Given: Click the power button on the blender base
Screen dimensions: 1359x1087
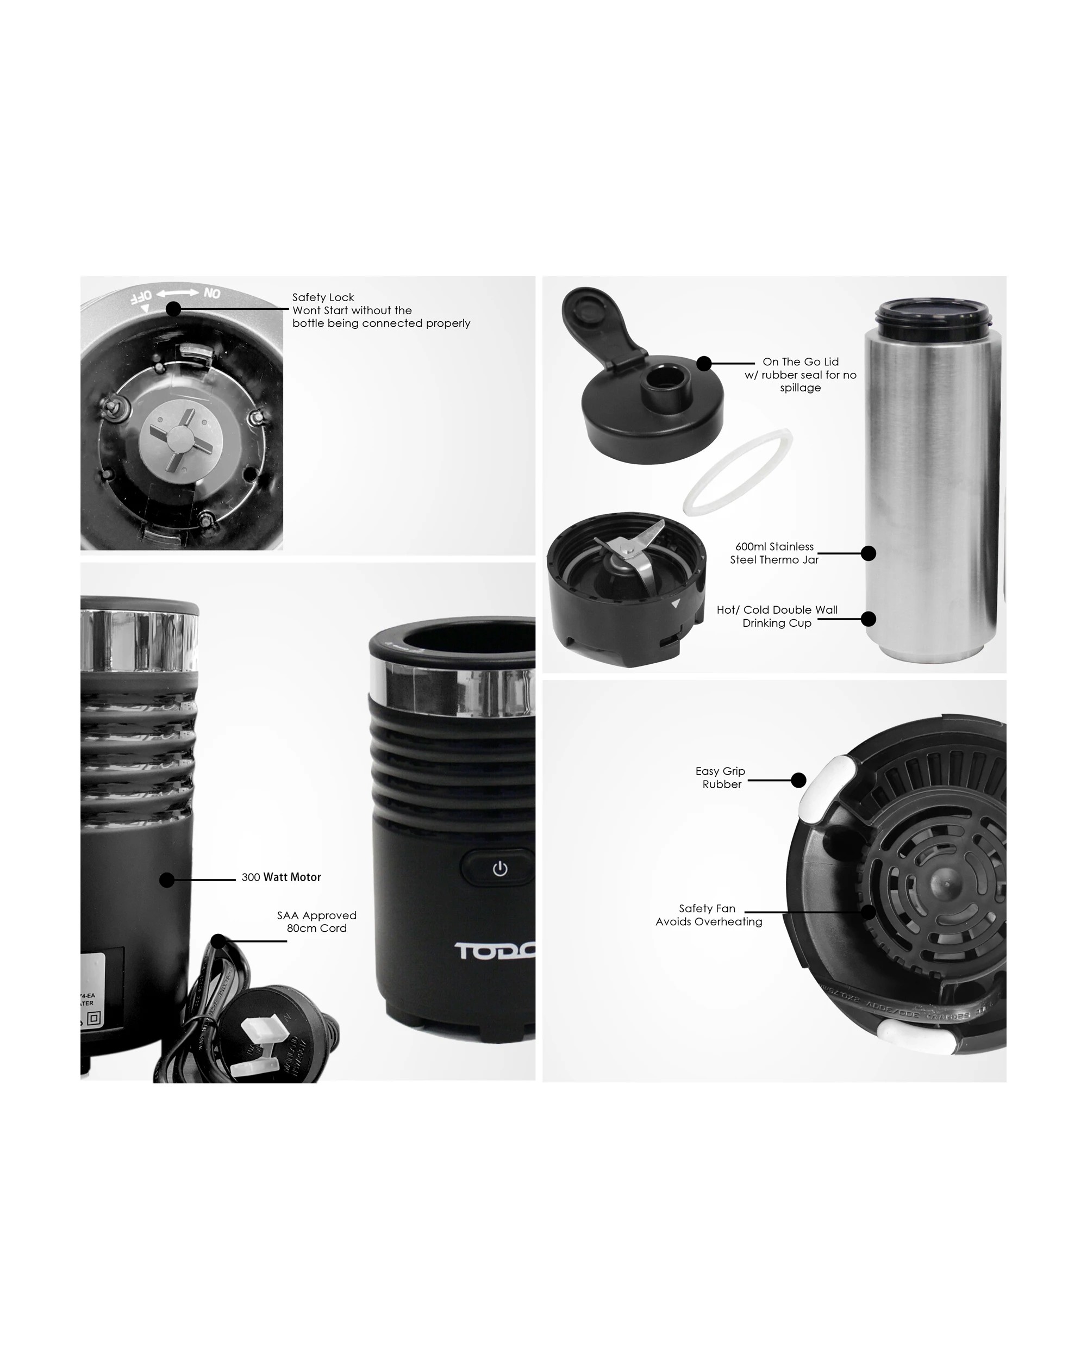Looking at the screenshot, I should pos(499,869).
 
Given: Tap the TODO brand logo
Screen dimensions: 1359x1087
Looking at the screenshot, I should pos(495,951).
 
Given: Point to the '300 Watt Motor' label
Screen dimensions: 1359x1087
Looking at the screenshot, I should pos(281,877).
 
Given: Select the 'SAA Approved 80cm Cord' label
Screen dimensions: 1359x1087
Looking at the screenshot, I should pos(316,921).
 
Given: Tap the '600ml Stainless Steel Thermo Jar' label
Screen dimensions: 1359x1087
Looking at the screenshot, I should pos(774,553).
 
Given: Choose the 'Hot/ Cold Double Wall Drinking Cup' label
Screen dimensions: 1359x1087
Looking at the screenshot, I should pos(777,616).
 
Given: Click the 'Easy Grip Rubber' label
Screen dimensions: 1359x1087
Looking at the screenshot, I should pos(720,777).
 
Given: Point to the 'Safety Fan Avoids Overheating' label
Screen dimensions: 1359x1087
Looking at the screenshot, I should pos(708,915).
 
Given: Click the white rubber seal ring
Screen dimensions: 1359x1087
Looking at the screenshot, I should pos(738,472).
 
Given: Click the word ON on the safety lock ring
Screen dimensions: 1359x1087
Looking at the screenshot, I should pos(212,294).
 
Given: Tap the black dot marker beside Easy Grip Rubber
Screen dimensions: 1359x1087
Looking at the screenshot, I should pos(798,781).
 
